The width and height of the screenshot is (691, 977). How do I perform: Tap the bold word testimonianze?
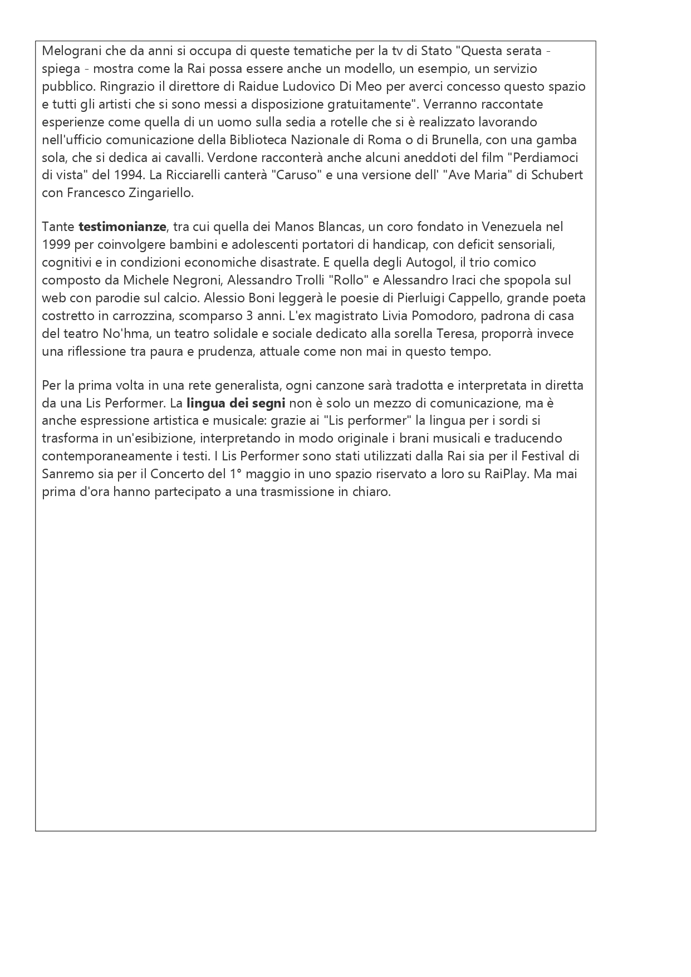pos(122,227)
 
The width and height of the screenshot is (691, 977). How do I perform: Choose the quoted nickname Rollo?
pos(348,280)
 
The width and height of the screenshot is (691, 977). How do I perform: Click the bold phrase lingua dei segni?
pos(236,403)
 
